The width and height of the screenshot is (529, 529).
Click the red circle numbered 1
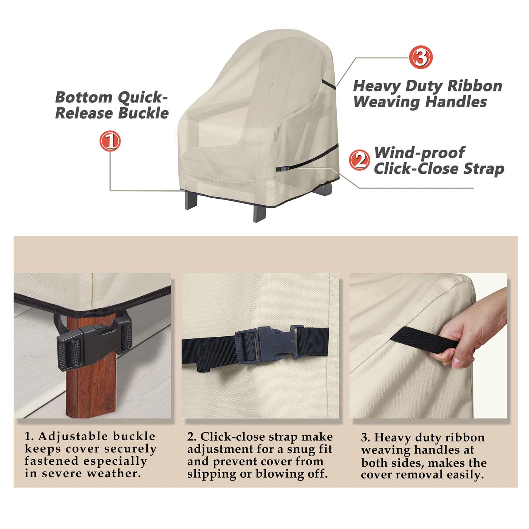click(110, 141)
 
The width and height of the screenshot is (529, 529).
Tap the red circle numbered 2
click(359, 160)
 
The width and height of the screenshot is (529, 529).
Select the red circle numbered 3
click(420, 57)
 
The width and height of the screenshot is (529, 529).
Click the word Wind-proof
click(419, 153)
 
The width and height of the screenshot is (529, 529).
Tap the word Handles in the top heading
click(456, 102)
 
